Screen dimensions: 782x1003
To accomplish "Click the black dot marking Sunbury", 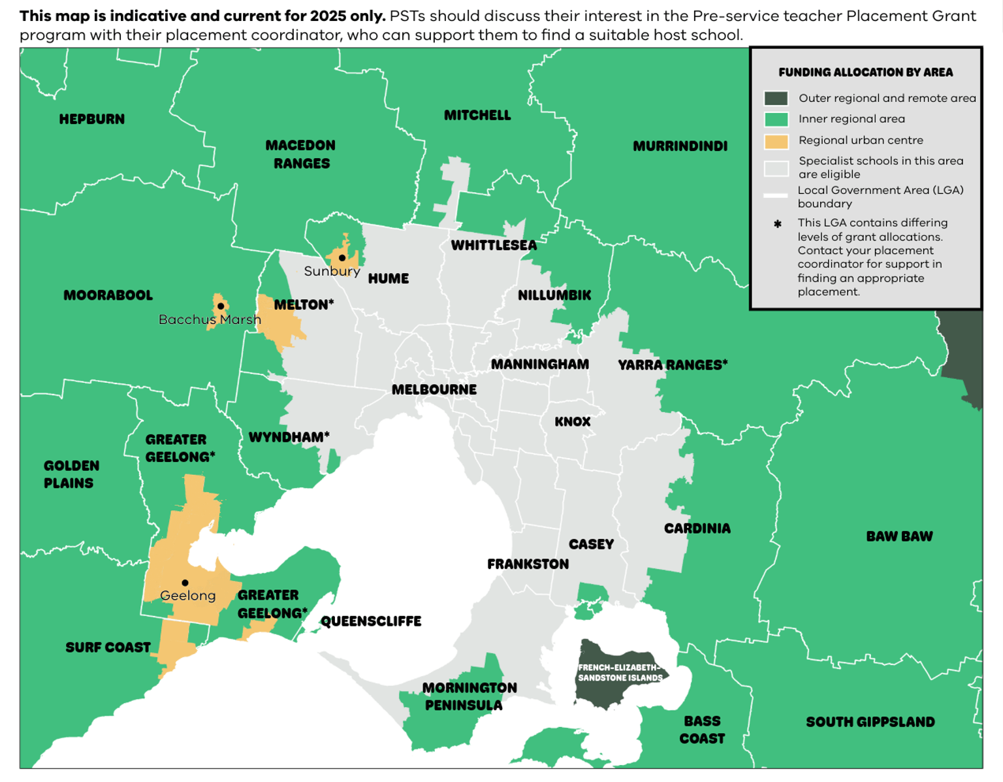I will pyautogui.click(x=342, y=258).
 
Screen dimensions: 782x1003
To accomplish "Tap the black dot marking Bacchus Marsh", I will pyautogui.click(x=221, y=306).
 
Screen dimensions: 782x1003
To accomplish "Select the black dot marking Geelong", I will pyautogui.click(x=185, y=583).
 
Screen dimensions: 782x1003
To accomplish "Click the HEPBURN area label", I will pyautogui.click(x=91, y=119).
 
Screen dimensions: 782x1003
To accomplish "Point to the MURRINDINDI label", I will pyautogui.click(x=680, y=146).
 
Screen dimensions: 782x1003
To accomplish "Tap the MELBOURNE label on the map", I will pyautogui.click(x=434, y=390).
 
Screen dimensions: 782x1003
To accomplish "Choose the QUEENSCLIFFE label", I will pyautogui.click(x=371, y=621).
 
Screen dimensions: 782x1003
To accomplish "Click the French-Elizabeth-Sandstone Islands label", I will pyautogui.click(x=620, y=673).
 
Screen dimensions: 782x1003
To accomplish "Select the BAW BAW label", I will pyautogui.click(x=899, y=536).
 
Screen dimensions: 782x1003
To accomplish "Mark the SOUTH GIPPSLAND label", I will pyautogui.click(x=870, y=722).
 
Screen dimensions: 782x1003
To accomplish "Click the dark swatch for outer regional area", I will pyautogui.click(x=776, y=99).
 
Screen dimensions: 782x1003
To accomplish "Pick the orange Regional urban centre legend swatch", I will pyautogui.click(x=776, y=141).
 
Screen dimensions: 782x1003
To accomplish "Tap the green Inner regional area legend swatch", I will pyautogui.click(x=776, y=120).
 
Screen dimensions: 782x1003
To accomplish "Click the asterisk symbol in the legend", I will pyautogui.click(x=777, y=224).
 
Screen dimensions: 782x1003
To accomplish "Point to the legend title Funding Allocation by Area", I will pyautogui.click(x=865, y=73).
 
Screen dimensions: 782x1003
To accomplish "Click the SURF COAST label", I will pyautogui.click(x=108, y=647).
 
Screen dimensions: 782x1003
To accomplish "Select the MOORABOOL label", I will pyautogui.click(x=108, y=295).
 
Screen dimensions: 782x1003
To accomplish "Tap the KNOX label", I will pyautogui.click(x=573, y=422).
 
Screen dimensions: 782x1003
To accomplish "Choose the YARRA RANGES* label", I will pyautogui.click(x=673, y=365).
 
